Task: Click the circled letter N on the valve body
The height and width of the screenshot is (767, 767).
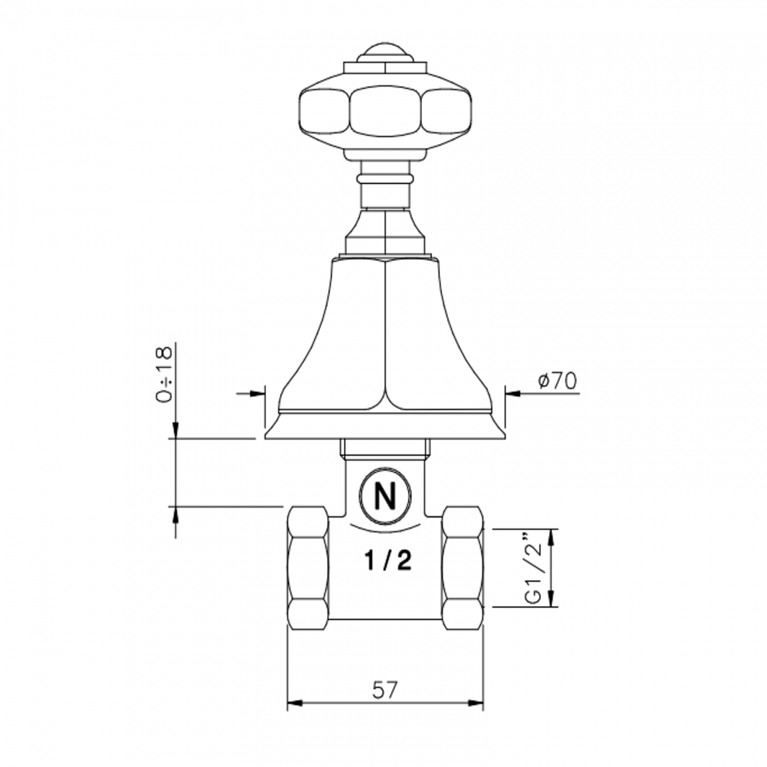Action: click(385, 496)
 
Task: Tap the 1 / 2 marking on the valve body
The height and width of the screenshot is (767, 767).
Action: click(387, 561)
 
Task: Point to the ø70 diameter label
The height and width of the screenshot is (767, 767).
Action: click(557, 381)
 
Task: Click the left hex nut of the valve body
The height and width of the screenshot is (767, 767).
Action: click(307, 569)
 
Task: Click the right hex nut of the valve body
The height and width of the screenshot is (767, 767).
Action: click(463, 569)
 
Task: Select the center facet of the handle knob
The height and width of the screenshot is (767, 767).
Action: click(385, 111)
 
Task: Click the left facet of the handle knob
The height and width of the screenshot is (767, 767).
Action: click(323, 112)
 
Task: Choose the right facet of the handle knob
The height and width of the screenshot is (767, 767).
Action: click(447, 112)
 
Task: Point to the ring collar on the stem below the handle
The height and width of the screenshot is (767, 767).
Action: click(385, 178)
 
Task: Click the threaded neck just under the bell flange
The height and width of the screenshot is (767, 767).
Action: click(384, 448)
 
